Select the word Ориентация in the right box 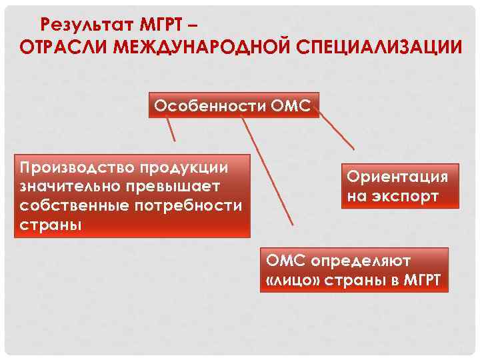[x=397, y=177]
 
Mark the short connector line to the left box [x=171, y=130]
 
